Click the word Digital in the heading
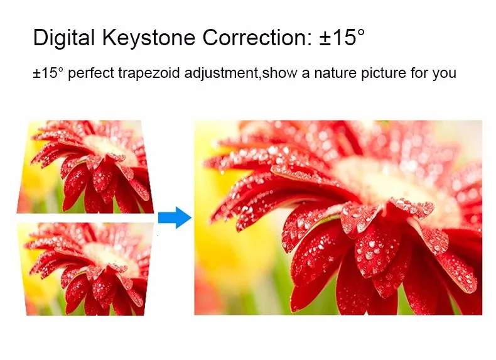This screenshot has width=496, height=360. point(64,38)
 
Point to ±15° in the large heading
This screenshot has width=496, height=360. point(342,37)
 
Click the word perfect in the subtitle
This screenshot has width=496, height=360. point(91,73)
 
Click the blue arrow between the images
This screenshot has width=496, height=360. point(175,217)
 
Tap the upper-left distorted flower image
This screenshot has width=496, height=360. point(85,166)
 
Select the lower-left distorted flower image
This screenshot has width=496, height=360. point(85,269)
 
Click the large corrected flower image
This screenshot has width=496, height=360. point(338,217)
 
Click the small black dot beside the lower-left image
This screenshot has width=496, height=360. point(158,236)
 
